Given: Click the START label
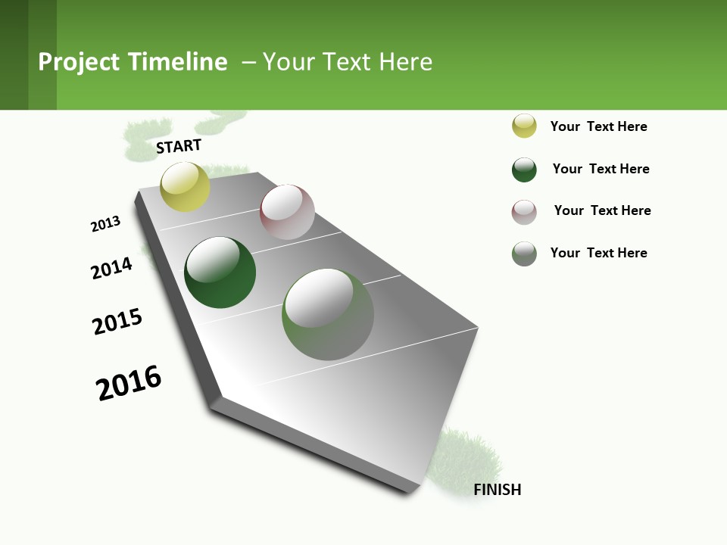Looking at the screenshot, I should [x=179, y=146].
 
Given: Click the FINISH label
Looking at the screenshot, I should [x=498, y=490].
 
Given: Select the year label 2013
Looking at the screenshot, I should [x=106, y=224].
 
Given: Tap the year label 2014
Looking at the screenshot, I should [x=112, y=268].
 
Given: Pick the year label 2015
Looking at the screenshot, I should [x=117, y=322].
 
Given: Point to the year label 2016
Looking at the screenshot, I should [x=129, y=383].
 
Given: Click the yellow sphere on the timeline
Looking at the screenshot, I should [x=186, y=186].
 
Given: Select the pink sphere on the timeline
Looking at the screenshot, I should [x=287, y=212].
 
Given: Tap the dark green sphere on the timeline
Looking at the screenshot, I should [x=220, y=272].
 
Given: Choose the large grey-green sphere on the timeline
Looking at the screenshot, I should [x=328, y=314].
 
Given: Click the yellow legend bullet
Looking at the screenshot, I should [x=524, y=126].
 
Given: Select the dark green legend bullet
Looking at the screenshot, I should [x=524, y=170].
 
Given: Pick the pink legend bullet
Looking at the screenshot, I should [x=524, y=212].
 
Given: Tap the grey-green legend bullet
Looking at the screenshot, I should [x=524, y=254].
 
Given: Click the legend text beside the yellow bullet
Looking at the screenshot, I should [x=598, y=126].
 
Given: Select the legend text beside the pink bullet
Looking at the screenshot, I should [x=602, y=210].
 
